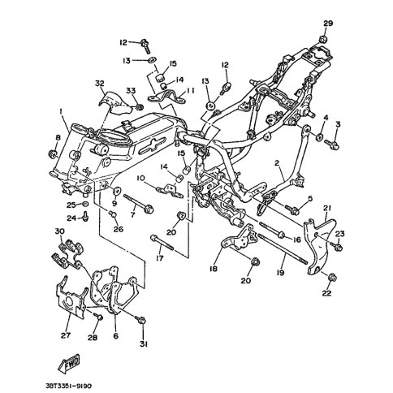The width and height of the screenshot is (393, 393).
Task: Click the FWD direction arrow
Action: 70,363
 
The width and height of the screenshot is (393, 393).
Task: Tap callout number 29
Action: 328,24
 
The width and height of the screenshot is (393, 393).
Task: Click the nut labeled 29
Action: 323,39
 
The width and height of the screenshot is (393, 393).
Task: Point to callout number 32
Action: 100,83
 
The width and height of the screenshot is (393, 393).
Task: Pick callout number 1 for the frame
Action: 62,111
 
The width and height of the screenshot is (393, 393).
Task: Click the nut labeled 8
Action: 52,153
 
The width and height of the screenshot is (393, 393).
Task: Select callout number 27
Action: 66,335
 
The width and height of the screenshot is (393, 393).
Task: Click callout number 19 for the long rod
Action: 281,273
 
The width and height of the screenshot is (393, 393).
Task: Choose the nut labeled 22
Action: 331,278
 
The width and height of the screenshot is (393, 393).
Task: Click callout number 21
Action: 327,208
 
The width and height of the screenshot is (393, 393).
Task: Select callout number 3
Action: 338,125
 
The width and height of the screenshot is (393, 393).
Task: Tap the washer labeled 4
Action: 320,137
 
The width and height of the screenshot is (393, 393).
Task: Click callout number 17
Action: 160,258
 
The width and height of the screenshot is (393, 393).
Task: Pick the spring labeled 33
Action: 139,107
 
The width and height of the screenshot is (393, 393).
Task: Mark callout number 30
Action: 60,231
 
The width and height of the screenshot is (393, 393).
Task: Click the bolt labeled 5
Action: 292,209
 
